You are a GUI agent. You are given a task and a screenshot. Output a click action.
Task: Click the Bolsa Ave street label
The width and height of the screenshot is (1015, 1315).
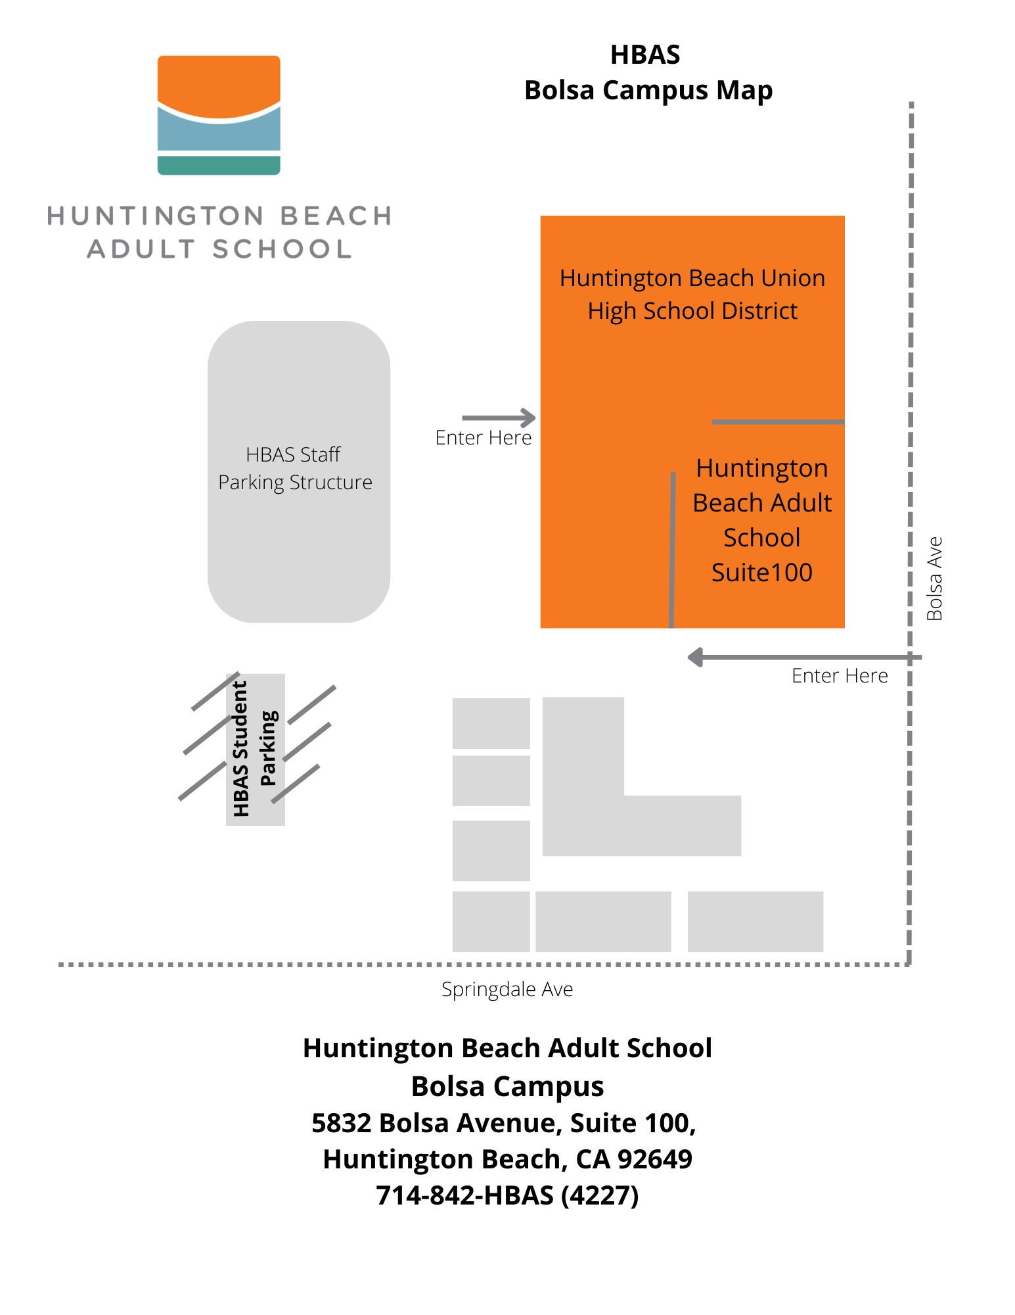coord(934,579)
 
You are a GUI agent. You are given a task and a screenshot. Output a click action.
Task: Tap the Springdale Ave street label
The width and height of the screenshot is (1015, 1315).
coord(507,990)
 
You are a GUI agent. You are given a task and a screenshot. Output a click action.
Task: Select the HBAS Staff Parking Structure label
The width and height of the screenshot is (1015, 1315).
coord(295,468)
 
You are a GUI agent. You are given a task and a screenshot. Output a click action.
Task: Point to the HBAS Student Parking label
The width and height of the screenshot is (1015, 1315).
coord(255,749)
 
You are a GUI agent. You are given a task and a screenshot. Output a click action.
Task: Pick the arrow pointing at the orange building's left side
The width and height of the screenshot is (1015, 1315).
coord(499,418)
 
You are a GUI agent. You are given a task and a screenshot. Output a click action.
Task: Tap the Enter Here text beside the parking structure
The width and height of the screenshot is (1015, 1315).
coord(483,438)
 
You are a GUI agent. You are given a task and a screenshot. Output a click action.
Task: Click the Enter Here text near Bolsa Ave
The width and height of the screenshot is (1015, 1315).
coord(839,676)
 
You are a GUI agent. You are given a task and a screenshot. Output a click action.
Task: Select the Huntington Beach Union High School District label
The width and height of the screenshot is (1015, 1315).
coord(692,294)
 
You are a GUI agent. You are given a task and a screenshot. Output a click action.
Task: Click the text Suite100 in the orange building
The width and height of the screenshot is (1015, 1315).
coord(761,573)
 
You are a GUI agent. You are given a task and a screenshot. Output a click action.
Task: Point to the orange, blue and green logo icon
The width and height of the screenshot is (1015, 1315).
coord(219,115)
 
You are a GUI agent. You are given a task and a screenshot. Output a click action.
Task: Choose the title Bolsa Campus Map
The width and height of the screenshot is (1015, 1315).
coord(648,90)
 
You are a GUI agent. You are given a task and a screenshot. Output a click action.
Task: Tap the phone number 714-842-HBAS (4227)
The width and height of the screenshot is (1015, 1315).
coord(507,1195)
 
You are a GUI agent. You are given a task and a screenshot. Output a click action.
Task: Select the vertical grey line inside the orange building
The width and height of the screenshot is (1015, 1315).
coord(672,549)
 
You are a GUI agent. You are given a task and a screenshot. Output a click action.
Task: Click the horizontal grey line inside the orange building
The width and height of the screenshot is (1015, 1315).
coord(777,421)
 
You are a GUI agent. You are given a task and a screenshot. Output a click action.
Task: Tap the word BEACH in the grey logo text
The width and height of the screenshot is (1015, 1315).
coord(336,216)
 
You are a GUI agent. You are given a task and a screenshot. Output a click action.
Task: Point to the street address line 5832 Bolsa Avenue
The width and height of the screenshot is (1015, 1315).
coord(503,1123)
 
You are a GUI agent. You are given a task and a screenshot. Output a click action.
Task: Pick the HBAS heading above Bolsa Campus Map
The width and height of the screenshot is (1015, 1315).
coord(644,55)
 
